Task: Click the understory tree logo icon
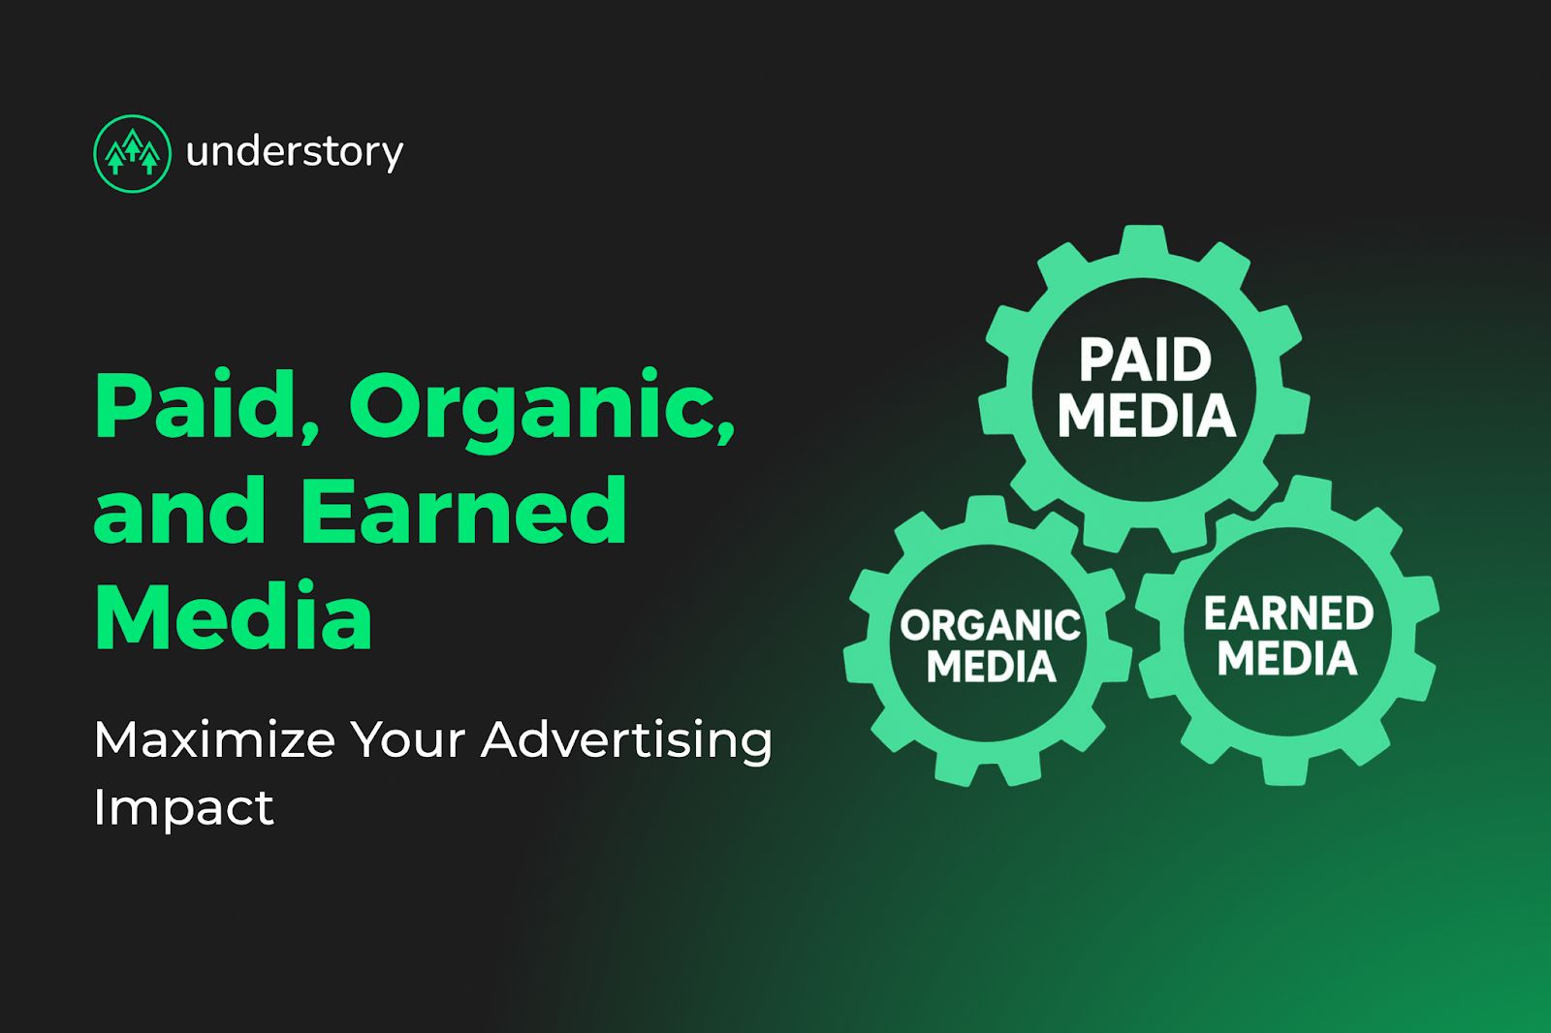pos(132,153)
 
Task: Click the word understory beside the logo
pos(295,152)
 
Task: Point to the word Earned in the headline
pos(464,510)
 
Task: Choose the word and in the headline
pos(180,510)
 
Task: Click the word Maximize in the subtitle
pos(214,740)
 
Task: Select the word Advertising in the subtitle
pos(626,742)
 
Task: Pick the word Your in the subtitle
pos(408,740)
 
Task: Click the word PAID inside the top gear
pos(1145,360)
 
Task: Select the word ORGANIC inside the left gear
pos(990,625)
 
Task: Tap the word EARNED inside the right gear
pos(1288,612)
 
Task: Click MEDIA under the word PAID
pos(1147,416)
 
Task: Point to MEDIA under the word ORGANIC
pos(992,666)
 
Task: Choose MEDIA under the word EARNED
pos(1287,657)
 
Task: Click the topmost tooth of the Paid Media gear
pos(1145,243)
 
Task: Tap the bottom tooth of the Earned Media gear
pos(1285,767)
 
